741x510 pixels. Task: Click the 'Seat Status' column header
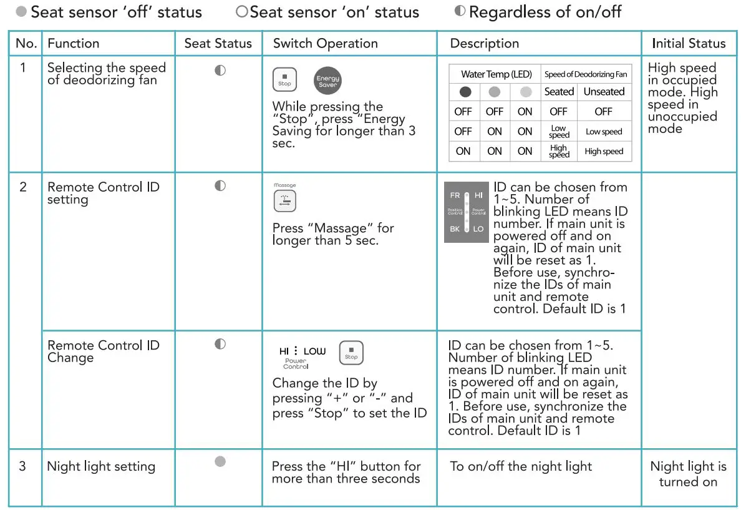point(218,44)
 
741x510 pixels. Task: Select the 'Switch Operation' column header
point(325,44)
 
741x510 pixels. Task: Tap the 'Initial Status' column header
point(689,44)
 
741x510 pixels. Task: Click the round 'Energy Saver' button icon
point(327,81)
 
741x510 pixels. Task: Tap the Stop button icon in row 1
point(284,79)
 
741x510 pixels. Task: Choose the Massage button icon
point(284,201)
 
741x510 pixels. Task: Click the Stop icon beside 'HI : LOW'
point(351,353)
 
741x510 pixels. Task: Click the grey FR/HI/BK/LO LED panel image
point(466,212)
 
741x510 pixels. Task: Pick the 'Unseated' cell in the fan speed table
point(603,92)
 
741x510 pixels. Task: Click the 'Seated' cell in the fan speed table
point(558,92)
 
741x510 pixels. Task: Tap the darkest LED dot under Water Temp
point(465,92)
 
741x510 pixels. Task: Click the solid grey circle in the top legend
point(21,12)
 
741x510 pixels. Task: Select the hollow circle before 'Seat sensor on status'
point(242,12)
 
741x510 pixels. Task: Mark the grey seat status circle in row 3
point(220,461)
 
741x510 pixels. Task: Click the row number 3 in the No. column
point(22,466)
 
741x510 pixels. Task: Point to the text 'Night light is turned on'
point(688,474)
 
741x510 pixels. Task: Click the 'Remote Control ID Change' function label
point(104,351)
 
